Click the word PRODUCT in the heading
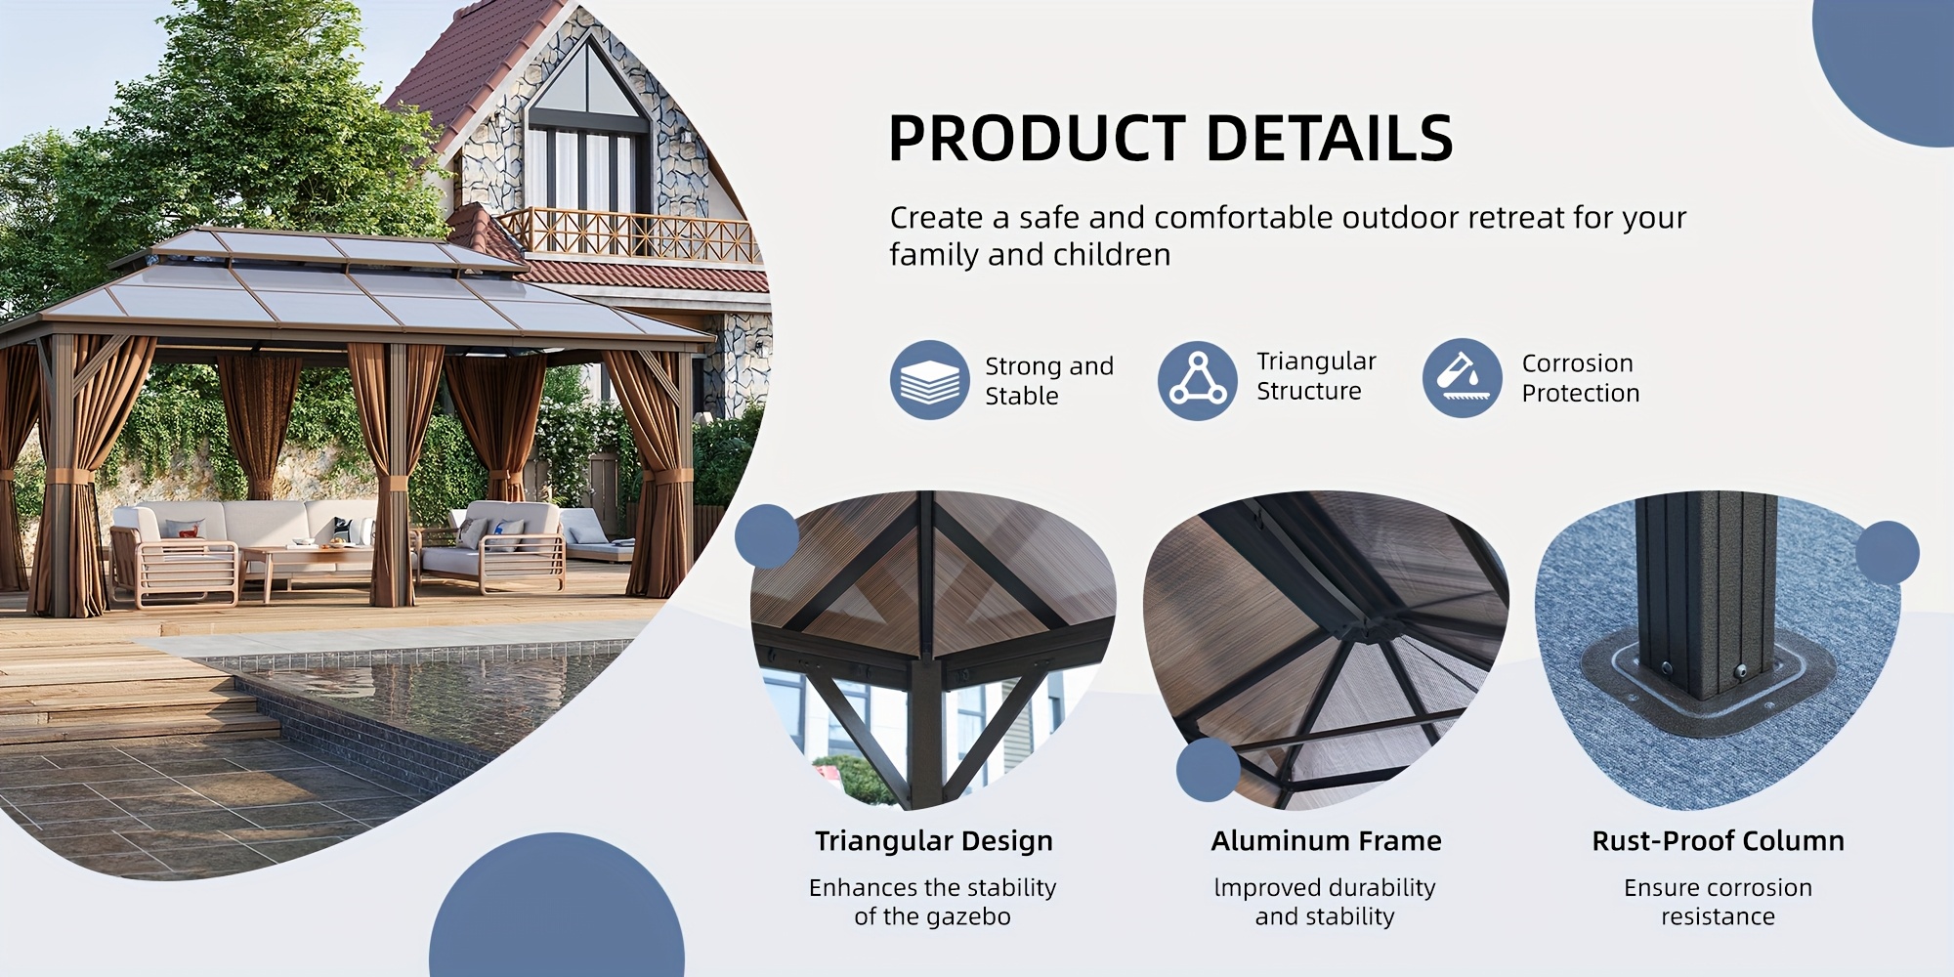[1037, 138]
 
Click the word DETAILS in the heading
[1330, 138]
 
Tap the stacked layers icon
[929, 380]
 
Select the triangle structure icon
[1198, 380]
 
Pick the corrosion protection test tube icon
[1462, 378]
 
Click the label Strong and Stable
[1049, 380]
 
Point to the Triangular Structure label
[1316, 376]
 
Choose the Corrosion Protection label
[1581, 378]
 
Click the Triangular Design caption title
[934, 841]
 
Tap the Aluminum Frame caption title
[1326, 841]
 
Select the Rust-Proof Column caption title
[1719, 841]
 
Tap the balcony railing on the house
[630, 234]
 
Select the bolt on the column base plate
[1740, 672]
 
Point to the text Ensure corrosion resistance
[1719, 902]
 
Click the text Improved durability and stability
[1325, 902]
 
